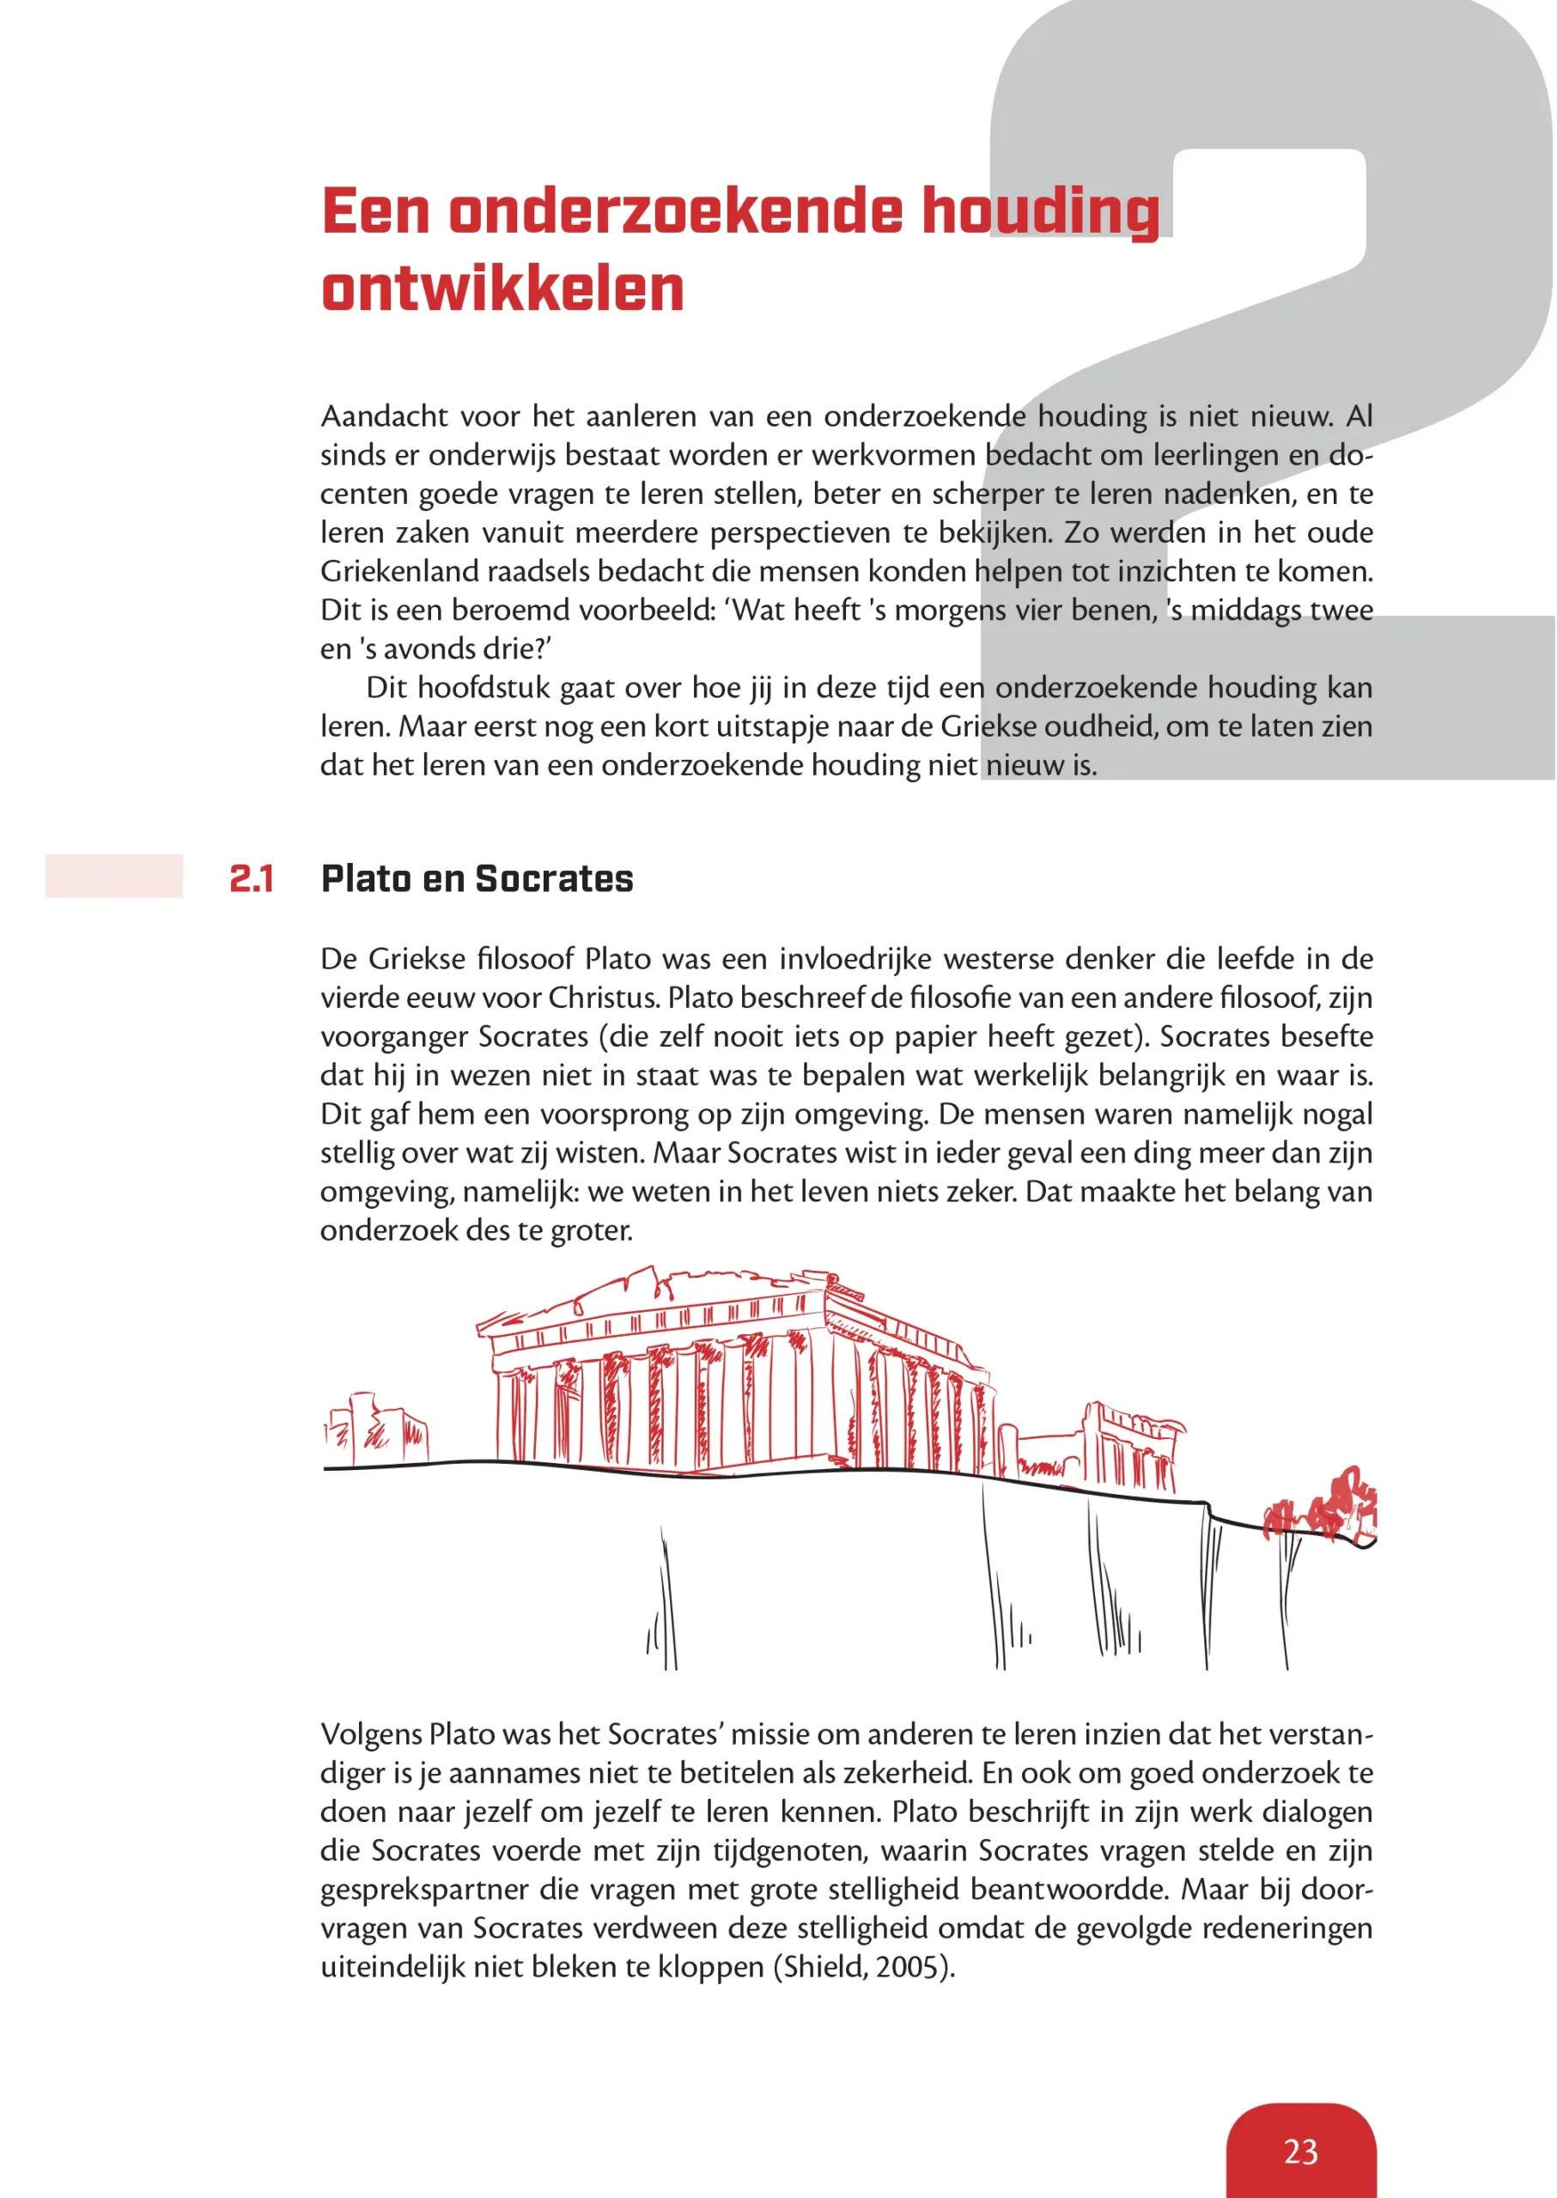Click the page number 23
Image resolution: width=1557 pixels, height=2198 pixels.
coord(1300,2151)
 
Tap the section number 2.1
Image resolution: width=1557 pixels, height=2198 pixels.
coord(251,879)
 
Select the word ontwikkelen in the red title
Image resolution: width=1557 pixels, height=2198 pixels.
coord(502,288)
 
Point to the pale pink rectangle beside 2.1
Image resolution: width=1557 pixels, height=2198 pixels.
coord(114,876)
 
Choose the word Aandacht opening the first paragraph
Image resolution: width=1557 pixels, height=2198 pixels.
coord(385,416)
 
